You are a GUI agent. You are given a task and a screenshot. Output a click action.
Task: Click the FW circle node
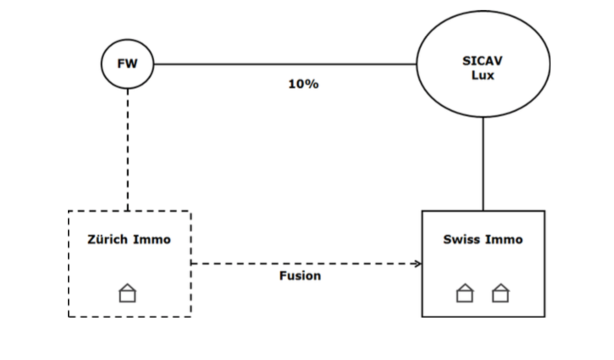coord(127,64)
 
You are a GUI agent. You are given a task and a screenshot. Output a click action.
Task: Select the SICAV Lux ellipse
coord(483,64)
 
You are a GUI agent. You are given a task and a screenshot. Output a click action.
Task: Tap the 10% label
coord(303,84)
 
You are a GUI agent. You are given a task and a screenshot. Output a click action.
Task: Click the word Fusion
coord(300,276)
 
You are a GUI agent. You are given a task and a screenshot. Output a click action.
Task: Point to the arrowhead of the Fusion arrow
coord(418,263)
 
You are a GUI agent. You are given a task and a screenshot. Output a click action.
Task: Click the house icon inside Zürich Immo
coord(127,292)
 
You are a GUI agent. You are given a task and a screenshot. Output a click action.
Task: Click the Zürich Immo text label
coord(129,240)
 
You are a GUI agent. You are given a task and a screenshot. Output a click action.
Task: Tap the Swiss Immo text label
coord(483,240)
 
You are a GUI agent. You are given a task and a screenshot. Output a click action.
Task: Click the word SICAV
coord(483,60)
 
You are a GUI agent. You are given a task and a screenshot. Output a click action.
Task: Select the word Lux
coord(483,75)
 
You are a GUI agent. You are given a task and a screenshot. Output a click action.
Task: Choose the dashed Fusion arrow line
coord(305,263)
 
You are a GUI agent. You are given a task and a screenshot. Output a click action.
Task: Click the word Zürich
coord(108,240)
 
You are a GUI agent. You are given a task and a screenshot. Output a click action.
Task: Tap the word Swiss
coord(462,240)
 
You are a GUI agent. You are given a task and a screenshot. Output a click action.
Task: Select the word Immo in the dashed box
coord(152,240)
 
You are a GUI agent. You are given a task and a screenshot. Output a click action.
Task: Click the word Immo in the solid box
coord(505,240)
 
